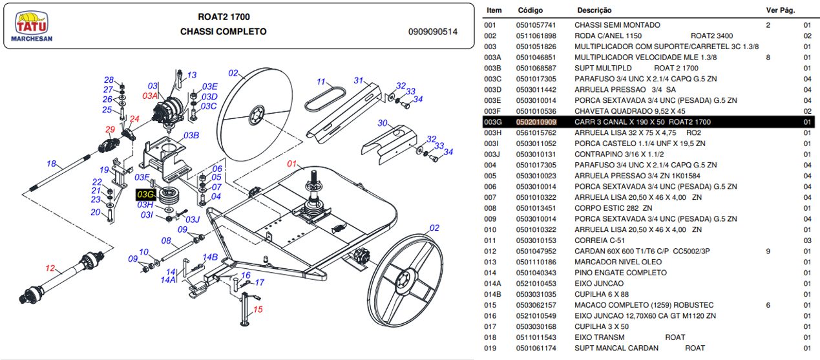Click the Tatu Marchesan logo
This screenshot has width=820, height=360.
tap(32, 27)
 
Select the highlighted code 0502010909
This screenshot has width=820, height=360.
tap(536, 122)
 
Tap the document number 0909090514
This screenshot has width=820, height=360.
tap(432, 32)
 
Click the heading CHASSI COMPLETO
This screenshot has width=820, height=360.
tap(223, 32)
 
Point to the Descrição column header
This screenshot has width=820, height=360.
tap(594, 10)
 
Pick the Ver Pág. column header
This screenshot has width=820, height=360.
tap(780, 10)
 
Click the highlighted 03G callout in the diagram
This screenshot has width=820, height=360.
tap(145, 194)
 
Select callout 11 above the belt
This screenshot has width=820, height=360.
tap(321, 82)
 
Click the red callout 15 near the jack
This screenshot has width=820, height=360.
tap(258, 310)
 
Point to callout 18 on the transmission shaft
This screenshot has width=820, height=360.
tap(52, 164)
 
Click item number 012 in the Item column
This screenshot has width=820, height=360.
tap(490, 251)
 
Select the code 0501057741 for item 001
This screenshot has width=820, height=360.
tap(536, 25)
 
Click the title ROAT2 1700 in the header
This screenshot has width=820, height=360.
tap(224, 17)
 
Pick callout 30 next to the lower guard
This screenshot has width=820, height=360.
tap(383, 123)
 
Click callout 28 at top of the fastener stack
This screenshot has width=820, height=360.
tap(109, 79)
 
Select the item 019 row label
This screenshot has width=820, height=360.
tap(490, 348)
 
